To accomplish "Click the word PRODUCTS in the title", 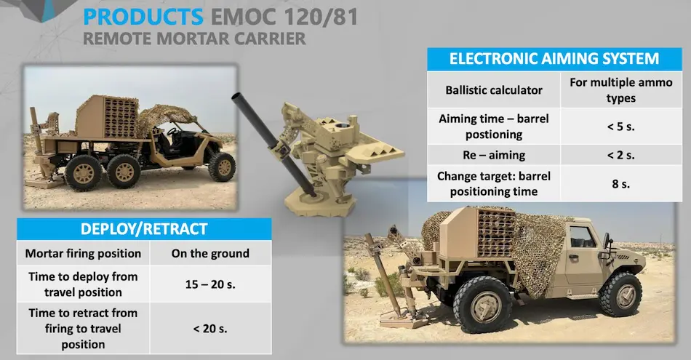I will coord(143,17).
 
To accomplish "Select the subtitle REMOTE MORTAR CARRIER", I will coord(194,39).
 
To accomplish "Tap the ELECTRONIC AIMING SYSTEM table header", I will coord(554,59).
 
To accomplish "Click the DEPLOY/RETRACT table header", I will coord(143,229).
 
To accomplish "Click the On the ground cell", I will coord(210,253).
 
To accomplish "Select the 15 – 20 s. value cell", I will coord(210,284).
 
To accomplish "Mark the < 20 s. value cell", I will coord(210,328).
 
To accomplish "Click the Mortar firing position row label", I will coord(83,253).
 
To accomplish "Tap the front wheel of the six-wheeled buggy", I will coord(222,167).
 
